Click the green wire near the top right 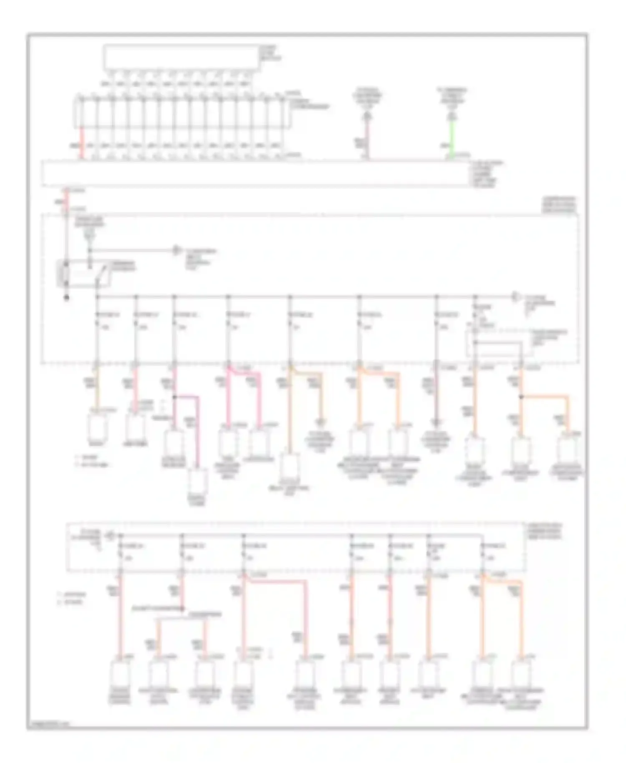point(452,138)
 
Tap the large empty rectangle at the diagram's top point(182,57)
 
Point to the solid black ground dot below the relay point(66,298)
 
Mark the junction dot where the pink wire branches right point(174,397)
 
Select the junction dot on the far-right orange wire point(521,397)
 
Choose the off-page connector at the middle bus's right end point(516,297)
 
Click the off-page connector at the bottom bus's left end point(110,534)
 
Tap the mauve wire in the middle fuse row point(437,397)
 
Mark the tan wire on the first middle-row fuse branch point(97,388)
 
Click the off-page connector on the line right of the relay point(177,250)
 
